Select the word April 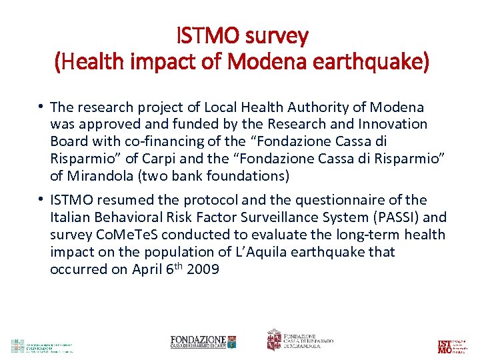tap(145, 269)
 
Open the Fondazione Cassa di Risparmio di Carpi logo tap(203, 342)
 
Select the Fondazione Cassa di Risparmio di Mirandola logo tap(300, 340)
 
